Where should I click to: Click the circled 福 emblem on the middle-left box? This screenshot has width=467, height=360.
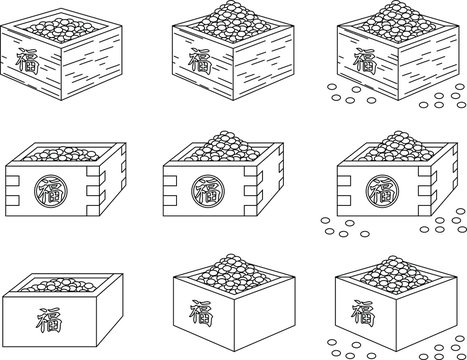tap(46, 187)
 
